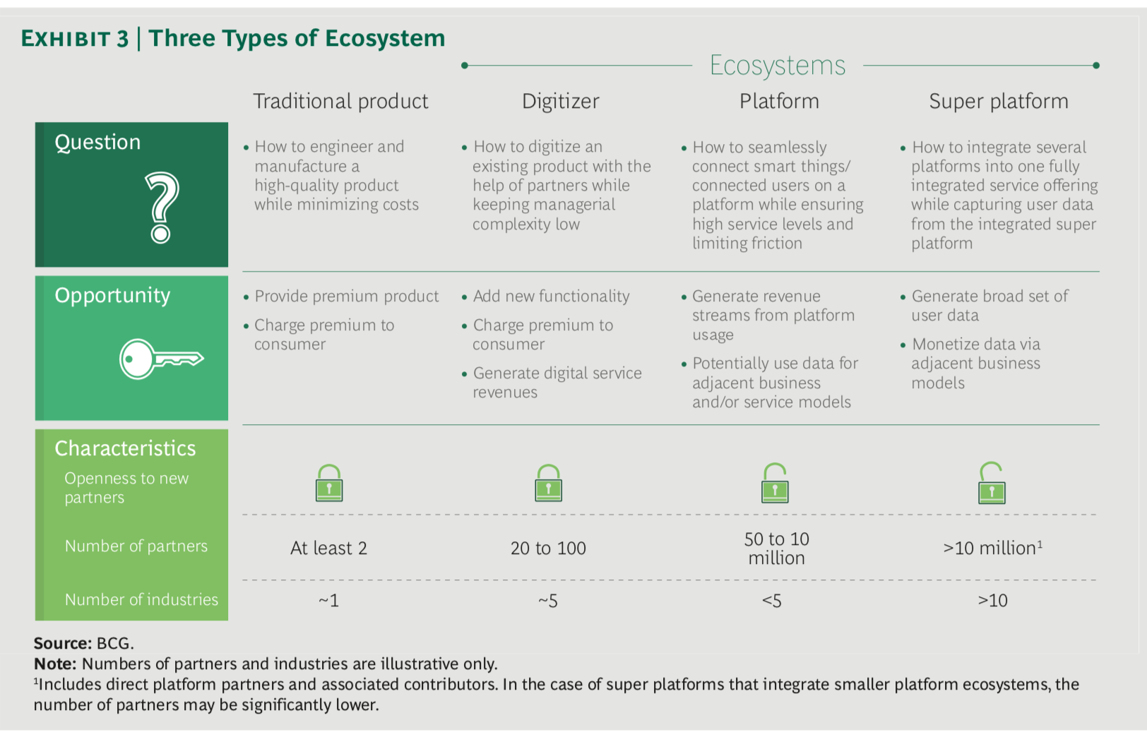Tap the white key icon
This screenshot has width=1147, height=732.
pyautogui.click(x=161, y=359)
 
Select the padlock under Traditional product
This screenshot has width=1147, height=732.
pyautogui.click(x=329, y=483)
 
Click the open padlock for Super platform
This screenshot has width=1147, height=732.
pyautogui.click(x=992, y=484)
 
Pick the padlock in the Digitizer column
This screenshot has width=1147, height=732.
pyautogui.click(x=548, y=483)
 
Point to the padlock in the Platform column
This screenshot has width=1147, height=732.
pyautogui.click(x=775, y=483)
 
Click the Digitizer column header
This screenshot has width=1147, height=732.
pyautogui.click(x=560, y=102)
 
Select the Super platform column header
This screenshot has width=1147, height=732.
pyautogui.click(x=999, y=102)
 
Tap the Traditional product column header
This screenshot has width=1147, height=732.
pyautogui.click(x=340, y=102)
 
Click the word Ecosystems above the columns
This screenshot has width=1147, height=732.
pyautogui.click(x=778, y=66)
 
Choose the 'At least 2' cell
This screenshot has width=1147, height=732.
pyautogui.click(x=328, y=548)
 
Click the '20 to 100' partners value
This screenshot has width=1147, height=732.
pyautogui.click(x=548, y=548)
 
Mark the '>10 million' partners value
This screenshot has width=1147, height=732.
pyautogui.click(x=992, y=548)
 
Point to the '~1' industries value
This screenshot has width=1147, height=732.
pyautogui.click(x=328, y=601)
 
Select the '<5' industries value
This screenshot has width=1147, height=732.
pyautogui.click(x=772, y=601)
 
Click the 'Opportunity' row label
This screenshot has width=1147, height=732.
pyautogui.click(x=113, y=296)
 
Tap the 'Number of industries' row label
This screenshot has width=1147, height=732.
pyautogui.click(x=141, y=599)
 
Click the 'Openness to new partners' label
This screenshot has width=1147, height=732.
pyautogui.click(x=126, y=487)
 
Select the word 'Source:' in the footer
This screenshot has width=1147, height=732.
pyautogui.click(x=62, y=643)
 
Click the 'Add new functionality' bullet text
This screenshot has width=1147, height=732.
pyautogui.click(x=551, y=296)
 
